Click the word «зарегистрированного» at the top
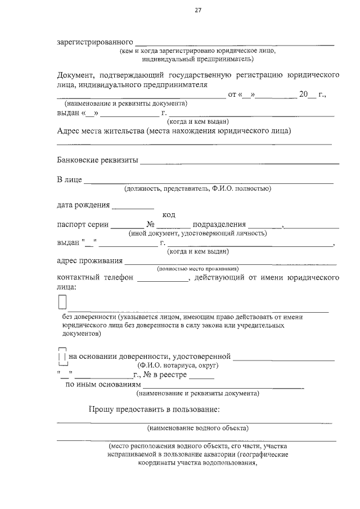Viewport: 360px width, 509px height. tap(95, 42)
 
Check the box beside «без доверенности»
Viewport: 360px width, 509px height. tap(62, 302)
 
